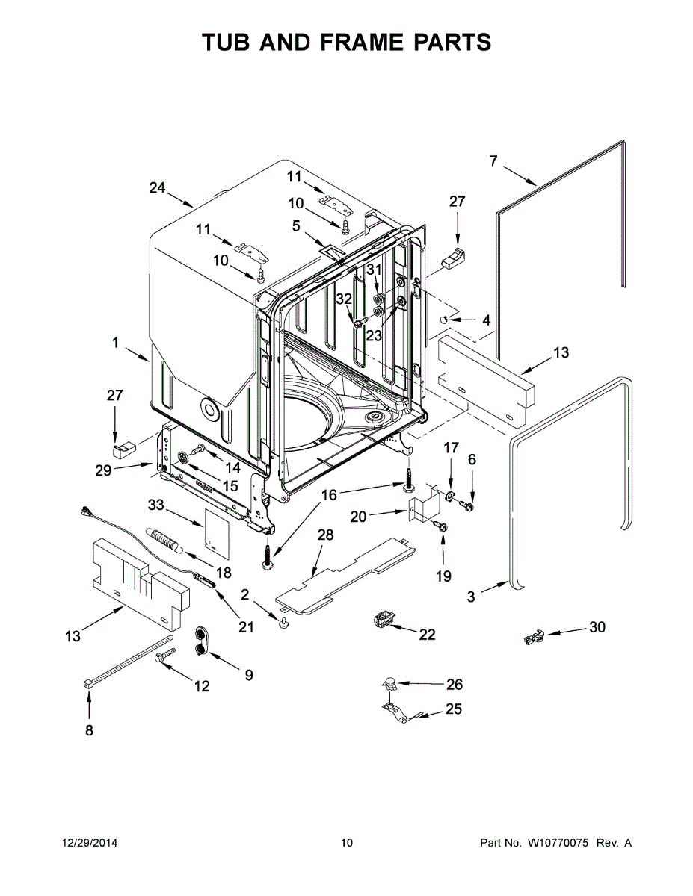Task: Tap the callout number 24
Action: click(157, 188)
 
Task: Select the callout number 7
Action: click(493, 161)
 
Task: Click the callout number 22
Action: click(427, 635)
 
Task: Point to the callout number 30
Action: click(597, 627)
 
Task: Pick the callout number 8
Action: click(89, 730)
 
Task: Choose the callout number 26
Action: click(455, 684)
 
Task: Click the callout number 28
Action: click(325, 535)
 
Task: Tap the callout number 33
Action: click(155, 505)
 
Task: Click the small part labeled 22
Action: click(384, 620)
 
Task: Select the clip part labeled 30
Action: click(532, 638)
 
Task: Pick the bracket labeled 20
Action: click(423, 504)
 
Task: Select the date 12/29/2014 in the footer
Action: click(89, 843)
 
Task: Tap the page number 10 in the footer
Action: click(346, 843)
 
